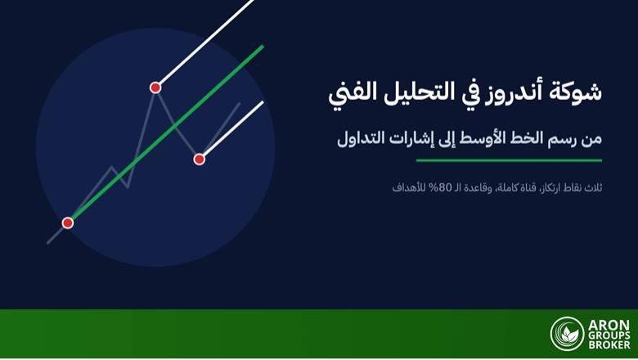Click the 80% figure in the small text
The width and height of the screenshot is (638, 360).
coord(434,187)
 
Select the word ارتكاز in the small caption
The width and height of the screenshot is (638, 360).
coord(550,187)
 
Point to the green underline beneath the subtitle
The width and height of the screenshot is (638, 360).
coord(509,160)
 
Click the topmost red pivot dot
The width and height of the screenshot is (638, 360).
coord(155,88)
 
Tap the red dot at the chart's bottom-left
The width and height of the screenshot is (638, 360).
coord(68,223)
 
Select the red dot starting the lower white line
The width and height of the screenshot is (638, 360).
coord(199,159)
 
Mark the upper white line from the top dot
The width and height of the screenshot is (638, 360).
coord(205,43)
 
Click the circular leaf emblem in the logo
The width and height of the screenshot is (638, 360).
coord(567,334)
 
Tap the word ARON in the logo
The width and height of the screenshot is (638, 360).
coord(609,326)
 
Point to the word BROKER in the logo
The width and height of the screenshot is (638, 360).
coord(609,345)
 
